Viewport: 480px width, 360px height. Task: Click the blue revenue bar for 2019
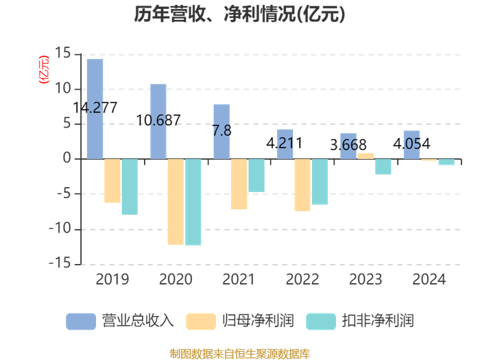point(95,109)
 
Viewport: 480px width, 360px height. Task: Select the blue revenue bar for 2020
point(158,121)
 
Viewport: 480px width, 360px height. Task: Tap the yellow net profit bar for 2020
point(176,202)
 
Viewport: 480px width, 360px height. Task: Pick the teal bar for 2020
point(193,202)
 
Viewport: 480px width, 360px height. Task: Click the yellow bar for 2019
point(112,180)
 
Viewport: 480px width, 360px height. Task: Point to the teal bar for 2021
point(256,176)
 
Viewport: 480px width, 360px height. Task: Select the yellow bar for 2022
point(302,184)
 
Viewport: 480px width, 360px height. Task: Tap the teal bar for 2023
point(383,167)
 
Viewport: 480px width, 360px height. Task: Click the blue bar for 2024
point(411,145)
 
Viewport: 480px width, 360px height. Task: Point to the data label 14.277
point(95,108)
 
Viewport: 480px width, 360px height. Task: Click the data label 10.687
point(158,121)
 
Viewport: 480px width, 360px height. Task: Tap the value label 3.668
point(348,145)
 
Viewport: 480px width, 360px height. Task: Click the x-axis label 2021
point(239,280)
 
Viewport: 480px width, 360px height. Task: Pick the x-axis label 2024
point(429,280)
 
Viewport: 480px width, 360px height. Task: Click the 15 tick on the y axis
point(63,53)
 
